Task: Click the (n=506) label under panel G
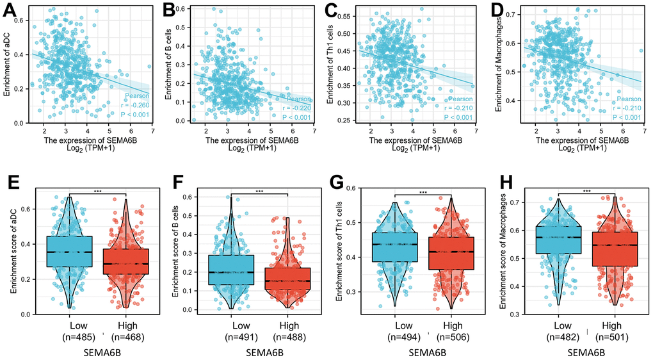click(451, 338)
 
